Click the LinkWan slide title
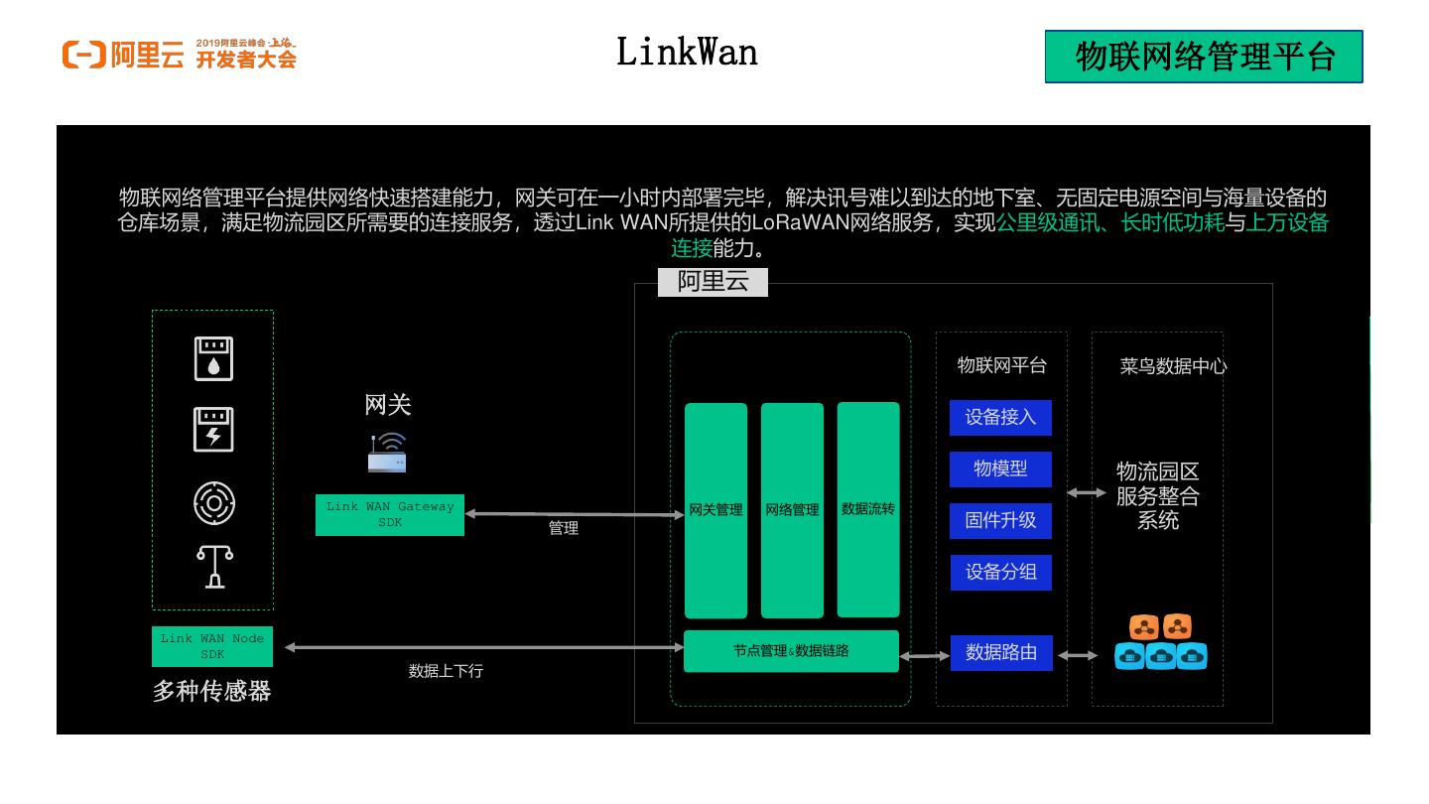687,52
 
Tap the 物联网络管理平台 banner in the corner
1204,57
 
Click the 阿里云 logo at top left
123,55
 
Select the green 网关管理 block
715,510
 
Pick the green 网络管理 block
792,510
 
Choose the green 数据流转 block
868,509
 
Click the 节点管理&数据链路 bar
791,651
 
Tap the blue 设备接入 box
1000,417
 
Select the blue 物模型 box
1000,469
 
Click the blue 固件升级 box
1000,520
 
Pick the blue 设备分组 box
1000,573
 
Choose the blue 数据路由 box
1001,653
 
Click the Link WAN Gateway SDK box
390,514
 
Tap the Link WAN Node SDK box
212,646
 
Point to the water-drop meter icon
213,358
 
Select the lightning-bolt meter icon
213,430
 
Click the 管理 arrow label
564,529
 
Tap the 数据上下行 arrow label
446,671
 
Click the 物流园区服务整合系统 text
1157,495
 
